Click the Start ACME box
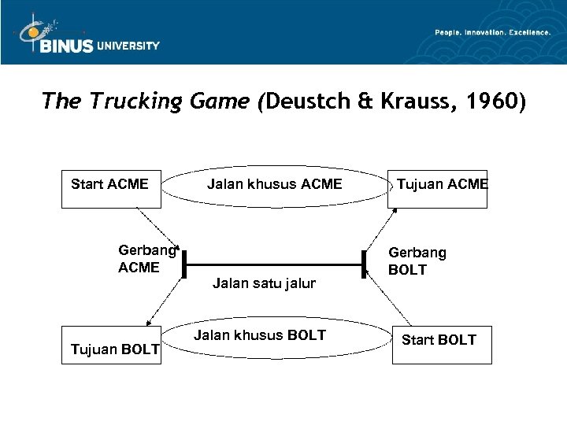coord(110,188)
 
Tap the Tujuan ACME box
coord(438,188)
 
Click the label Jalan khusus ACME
coord(274,184)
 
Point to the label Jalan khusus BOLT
coord(260,335)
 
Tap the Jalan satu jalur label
coord(264,283)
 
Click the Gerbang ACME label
coord(146,259)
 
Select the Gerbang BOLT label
coord(417,261)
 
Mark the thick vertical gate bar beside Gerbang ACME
coord(183,262)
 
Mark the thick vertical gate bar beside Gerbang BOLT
coord(365,263)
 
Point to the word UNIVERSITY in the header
coord(128,46)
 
